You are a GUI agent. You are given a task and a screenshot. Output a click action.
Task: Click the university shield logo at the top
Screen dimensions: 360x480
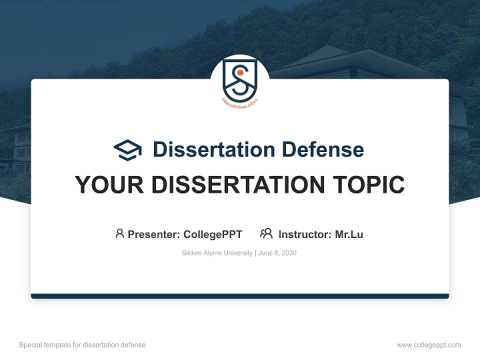[x=240, y=80]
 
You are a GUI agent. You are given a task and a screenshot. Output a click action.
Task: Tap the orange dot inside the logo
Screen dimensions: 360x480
[x=240, y=72]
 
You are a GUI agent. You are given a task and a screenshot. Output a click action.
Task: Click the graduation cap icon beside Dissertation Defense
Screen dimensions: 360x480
[x=127, y=149]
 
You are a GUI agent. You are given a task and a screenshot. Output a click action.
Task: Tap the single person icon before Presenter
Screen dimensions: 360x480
[x=119, y=233]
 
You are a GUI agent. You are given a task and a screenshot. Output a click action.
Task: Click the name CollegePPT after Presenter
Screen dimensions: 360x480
[x=213, y=234]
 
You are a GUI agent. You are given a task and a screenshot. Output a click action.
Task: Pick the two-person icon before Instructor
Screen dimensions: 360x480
[x=266, y=233]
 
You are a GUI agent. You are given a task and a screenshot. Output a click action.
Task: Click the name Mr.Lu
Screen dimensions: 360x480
[x=349, y=234]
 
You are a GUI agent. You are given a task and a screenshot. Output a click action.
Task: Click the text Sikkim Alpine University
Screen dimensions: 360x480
[x=217, y=253]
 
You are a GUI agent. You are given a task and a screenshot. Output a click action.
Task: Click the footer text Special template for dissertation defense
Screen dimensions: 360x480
[x=82, y=345]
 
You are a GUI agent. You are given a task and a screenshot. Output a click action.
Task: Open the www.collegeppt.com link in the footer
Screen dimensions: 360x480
[x=428, y=345]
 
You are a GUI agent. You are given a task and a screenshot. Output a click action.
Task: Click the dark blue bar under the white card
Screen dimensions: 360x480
[x=240, y=296]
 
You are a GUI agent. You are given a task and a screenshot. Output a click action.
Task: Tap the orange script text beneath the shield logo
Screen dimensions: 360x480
[x=240, y=101]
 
